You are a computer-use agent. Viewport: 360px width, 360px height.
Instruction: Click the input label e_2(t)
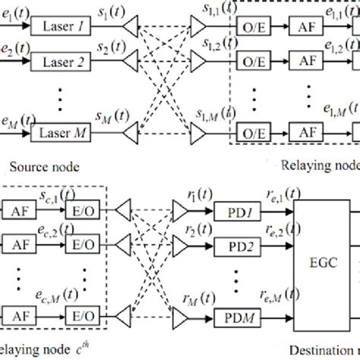(15, 51)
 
